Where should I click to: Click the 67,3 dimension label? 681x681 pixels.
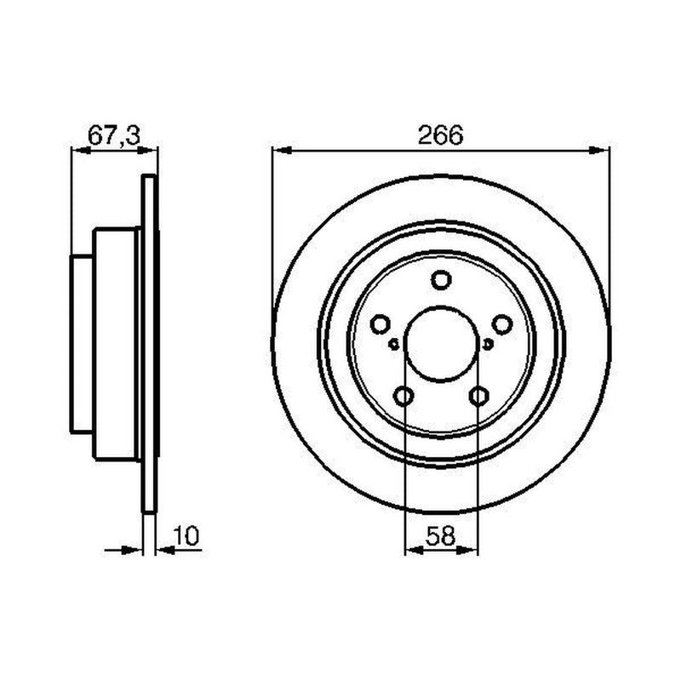[x=114, y=135]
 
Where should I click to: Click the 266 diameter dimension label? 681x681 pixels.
[x=440, y=135]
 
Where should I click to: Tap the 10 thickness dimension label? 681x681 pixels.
[x=186, y=535]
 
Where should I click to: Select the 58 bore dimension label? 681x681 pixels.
[x=440, y=535]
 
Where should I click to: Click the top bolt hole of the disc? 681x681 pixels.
[x=441, y=280]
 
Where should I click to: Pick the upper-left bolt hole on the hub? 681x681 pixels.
[x=380, y=324]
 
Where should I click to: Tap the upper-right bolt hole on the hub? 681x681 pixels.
[x=502, y=324]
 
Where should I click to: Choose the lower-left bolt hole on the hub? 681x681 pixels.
[x=403, y=396]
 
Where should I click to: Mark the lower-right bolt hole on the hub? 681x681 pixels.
[x=478, y=396]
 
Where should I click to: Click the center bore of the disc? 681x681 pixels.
[x=441, y=344]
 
